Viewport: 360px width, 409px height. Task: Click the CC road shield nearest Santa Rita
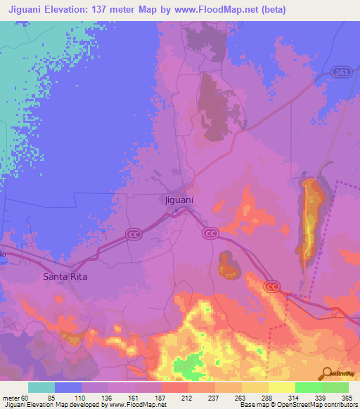coord(134,234)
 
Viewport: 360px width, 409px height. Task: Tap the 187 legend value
coord(160,397)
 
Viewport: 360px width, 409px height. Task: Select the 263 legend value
coord(240,397)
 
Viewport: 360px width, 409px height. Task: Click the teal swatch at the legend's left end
coord(41,387)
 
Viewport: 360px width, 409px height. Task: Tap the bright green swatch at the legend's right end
coord(335,387)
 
